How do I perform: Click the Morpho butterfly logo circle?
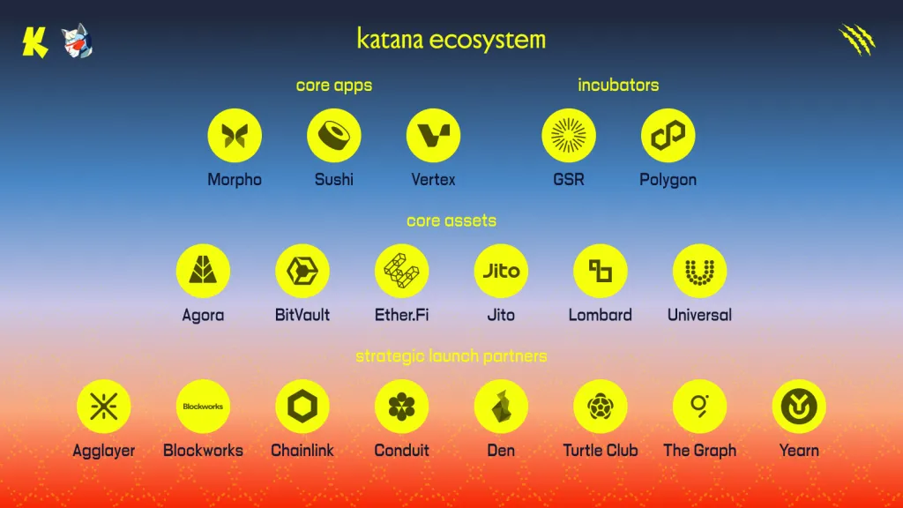[x=235, y=136]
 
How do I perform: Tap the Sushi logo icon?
[x=334, y=136]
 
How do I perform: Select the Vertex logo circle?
[x=434, y=136]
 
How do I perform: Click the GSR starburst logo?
[x=569, y=136]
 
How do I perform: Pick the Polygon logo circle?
[x=668, y=136]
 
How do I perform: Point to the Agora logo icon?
[x=203, y=271]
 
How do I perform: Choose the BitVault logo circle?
[x=302, y=271]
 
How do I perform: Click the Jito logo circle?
[x=501, y=271]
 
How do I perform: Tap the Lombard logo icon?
[x=601, y=271]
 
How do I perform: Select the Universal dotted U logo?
[x=699, y=271]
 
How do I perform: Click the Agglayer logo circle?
[x=104, y=407]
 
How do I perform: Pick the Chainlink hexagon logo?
[x=302, y=407]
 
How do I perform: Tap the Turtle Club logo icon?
[x=601, y=407]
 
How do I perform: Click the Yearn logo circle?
[x=799, y=407]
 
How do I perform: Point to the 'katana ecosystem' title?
[x=451, y=40]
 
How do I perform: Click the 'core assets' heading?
[x=451, y=220]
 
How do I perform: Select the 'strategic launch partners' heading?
[x=451, y=356]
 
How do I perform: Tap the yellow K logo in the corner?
[x=35, y=41]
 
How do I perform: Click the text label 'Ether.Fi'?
[x=401, y=315]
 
